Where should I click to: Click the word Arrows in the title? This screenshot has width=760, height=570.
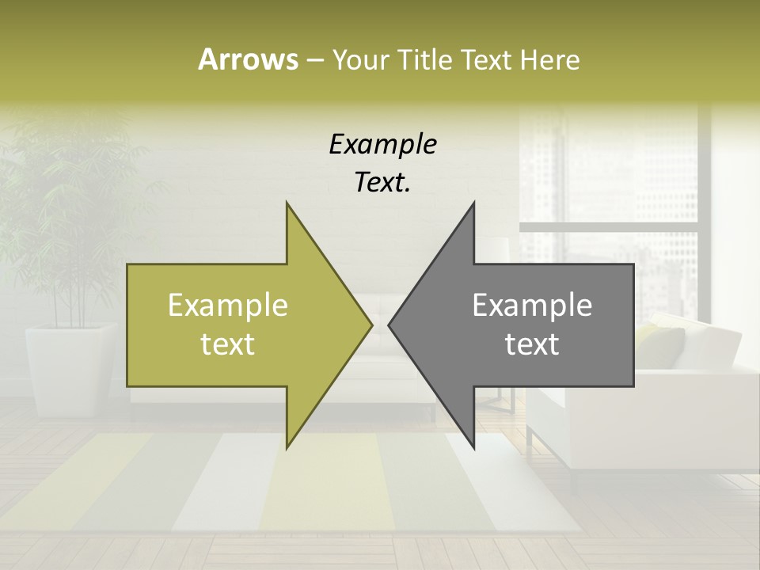pos(248,59)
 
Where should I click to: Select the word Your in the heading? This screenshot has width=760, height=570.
pos(361,60)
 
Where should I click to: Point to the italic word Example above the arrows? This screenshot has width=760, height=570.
pos(383,145)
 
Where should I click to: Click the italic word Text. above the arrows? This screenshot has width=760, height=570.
pos(383,183)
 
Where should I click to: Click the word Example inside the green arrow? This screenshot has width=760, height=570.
pos(228,306)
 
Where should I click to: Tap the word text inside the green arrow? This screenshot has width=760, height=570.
pos(228,344)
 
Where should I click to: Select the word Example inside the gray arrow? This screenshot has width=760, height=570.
pos(532,306)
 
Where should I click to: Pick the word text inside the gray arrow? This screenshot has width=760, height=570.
pos(532,344)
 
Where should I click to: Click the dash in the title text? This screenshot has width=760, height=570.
pos(313,61)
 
